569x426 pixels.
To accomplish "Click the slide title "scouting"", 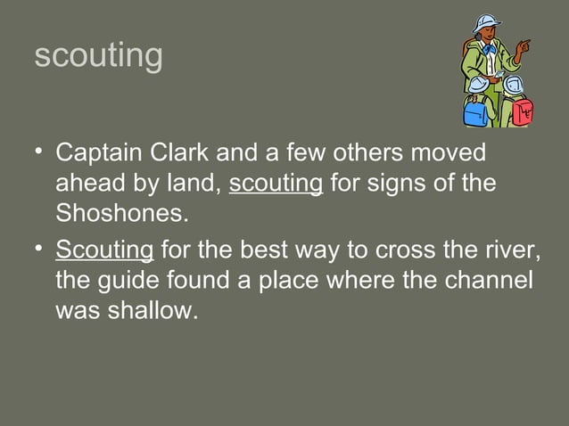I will pos(98,55).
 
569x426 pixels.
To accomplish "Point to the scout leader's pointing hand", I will pos(525,43).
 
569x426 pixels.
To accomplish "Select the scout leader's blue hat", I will pos(486,21).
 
